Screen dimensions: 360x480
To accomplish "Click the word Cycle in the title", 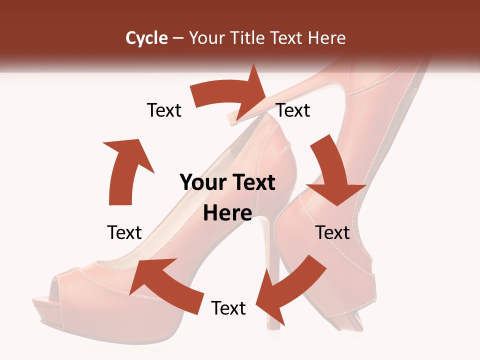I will point(146,38).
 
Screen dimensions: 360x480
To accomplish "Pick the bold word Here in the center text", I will point(227,213).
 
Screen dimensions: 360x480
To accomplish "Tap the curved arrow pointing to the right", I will point(230,95).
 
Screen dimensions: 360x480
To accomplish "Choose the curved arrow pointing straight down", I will point(332,170).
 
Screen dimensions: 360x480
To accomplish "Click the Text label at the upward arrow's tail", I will point(124,232).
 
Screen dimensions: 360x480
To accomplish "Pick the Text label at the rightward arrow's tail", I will point(164,110).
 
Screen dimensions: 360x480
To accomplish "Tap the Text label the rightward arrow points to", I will point(293,110).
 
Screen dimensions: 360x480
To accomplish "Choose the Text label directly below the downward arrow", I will point(332,232).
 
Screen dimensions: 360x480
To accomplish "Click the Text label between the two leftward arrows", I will point(228,308).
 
